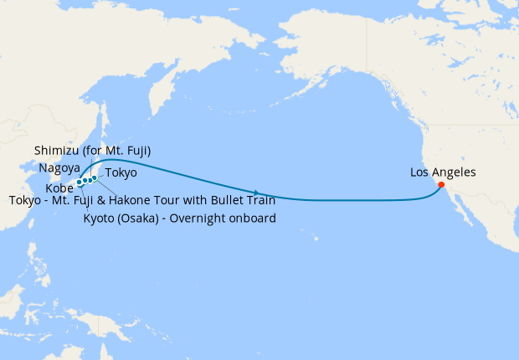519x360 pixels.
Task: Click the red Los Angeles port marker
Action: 441,185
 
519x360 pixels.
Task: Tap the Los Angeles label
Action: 443,172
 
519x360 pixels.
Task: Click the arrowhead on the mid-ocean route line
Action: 255,192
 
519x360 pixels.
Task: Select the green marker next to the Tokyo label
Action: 95,178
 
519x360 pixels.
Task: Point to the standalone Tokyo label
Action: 121,172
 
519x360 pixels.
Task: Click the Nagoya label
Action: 59,167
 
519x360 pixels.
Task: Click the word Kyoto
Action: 100,219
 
